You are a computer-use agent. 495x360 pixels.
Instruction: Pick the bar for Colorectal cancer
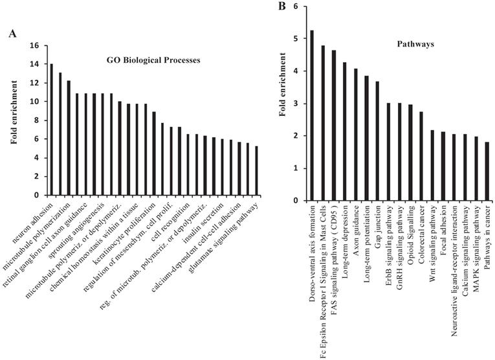[421, 156]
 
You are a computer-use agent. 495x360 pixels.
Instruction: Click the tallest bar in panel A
[52, 129]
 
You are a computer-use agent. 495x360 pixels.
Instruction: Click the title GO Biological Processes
[153, 60]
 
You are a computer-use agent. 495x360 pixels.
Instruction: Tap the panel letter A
[12, 33]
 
